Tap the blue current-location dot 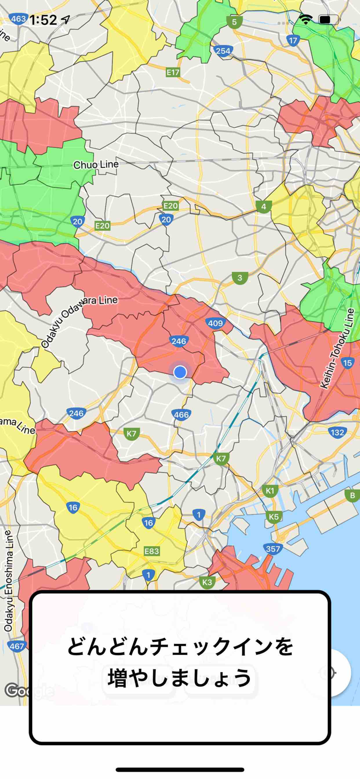tap(180, 372)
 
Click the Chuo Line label tap(96, 165)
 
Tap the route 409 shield tap(215, 324)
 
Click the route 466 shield tap(181, 414)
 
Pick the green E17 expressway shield tap(173, 73)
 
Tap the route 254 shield tap(223, 50)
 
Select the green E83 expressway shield tap(152, 550)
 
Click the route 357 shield tap(272, 548)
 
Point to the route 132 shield tap(337, 432)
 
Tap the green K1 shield tap(270, 490)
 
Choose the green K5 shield tap(274, 516)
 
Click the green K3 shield tap(207, 582)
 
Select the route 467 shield tap(17, 646)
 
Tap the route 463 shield tap(18, 19)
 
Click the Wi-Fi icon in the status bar tap(305, 20)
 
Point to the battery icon tap(328, 20)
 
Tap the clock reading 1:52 tap(43, 20)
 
